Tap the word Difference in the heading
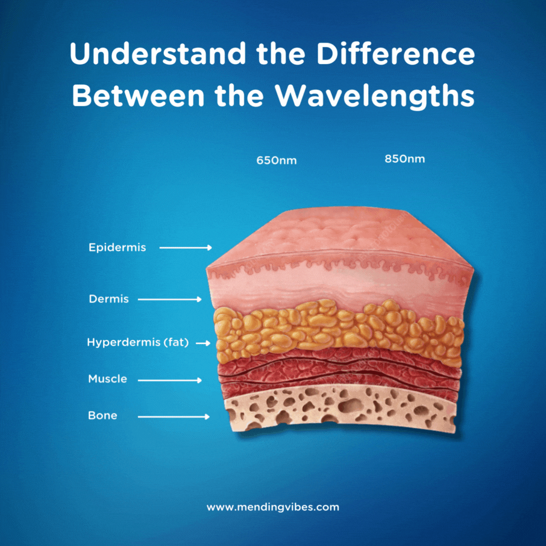coord(395,54)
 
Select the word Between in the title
coord(138,96)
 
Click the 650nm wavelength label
coord(277,161)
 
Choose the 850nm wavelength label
coord(404,159)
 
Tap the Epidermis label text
coord(117,248)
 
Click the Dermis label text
coord(109,299)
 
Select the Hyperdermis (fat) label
coord(138,343)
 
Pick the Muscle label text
coord(108,379)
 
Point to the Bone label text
coord(103,416)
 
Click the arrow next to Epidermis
coord(186,248)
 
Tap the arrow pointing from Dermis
coord(169,299)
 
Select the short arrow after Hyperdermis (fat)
coord(203,343)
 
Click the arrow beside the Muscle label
coord(169,380)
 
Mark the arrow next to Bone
coord(174,417)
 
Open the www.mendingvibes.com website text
coord(272,507)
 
